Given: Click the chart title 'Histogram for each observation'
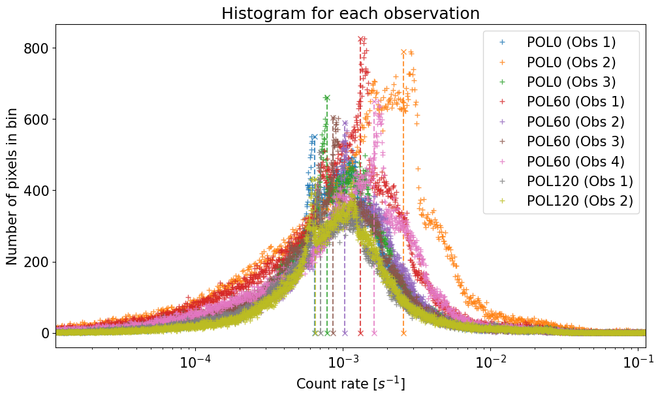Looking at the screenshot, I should pos(351,13).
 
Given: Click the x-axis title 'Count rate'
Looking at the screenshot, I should pos(351,384).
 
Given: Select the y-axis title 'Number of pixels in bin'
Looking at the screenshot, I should pos(13,186).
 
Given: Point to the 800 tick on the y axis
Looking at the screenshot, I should pos(37,48).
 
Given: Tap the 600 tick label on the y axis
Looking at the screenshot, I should pos(37,120).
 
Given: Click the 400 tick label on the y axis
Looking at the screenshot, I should pos(37,191).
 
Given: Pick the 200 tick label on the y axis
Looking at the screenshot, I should pos(37,262).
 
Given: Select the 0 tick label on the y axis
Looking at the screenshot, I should pos(45,333).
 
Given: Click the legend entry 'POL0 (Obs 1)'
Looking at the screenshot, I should pos(571,42).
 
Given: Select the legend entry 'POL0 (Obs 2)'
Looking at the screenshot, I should pos(571,62).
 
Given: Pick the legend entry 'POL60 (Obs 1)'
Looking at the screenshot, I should pos(575,102).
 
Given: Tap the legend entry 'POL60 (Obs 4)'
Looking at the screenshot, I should pos(575,161).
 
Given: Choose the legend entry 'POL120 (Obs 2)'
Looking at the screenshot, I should pos(580,200).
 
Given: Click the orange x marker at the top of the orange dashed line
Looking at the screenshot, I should pos(403,52).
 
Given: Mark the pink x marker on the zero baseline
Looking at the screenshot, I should pos(374,333).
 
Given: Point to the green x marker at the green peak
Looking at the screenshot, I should pos(327,98).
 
